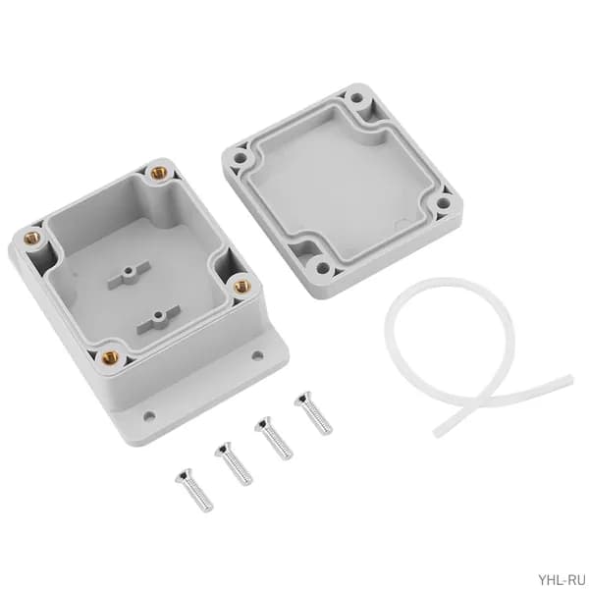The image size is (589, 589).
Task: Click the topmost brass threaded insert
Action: click(x=158, y=173)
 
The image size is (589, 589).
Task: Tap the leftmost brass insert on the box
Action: click(x=31, y=238)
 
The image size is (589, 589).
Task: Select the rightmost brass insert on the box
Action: click(x=241, y=288)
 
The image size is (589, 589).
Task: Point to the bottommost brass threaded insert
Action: click(x=110, y=356)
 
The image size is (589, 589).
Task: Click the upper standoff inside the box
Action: click(x=130, y=275)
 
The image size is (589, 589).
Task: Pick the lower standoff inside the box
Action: click(x=158, y=319)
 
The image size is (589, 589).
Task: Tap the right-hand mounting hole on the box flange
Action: click(x=257, y=355)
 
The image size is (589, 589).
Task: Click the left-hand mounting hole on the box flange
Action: click(x=149, y=416)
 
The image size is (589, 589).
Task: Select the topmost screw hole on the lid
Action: click(x=356, y=98)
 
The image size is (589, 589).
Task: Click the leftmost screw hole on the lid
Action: click(x=240, y=158)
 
